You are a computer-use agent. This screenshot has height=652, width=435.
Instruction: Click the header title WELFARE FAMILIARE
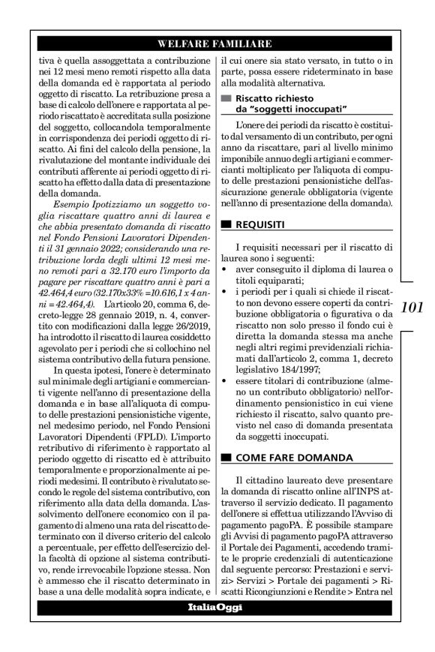pos(217,44)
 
